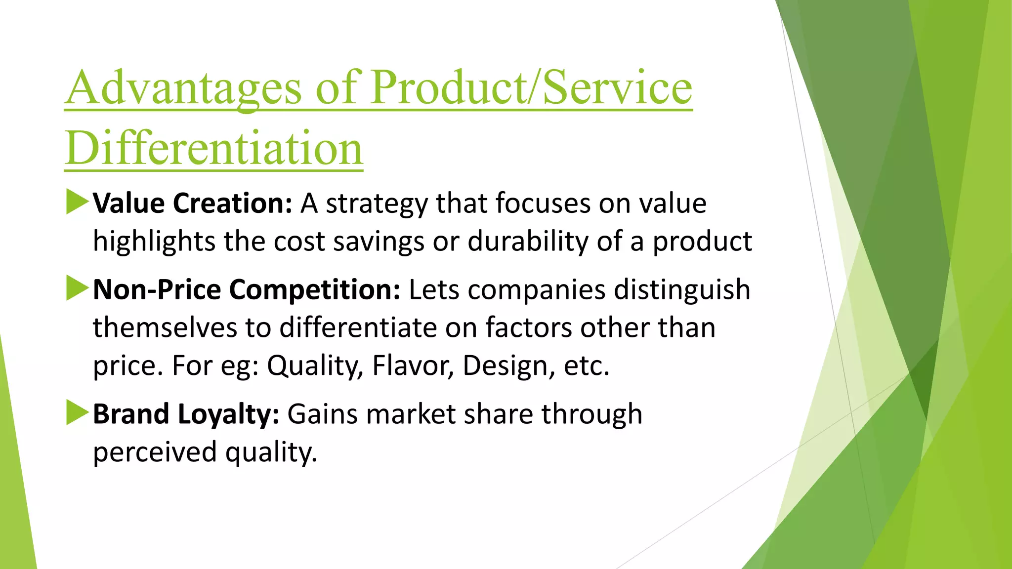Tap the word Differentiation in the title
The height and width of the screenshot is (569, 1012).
pyautogui.click(x=214, y=149)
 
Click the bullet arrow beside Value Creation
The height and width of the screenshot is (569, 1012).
pyautogui.click(x=77, y=203)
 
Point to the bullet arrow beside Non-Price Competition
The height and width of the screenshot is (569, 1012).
pyautogui.click(x=77, y=288)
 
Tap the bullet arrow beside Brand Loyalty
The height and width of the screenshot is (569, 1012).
pyautogui.click(x=77, y=413)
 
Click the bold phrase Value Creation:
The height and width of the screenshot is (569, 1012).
pyautogui.click(x=193, y=203)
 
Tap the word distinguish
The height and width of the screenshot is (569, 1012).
pyautogui.click(x=682, y=289)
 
